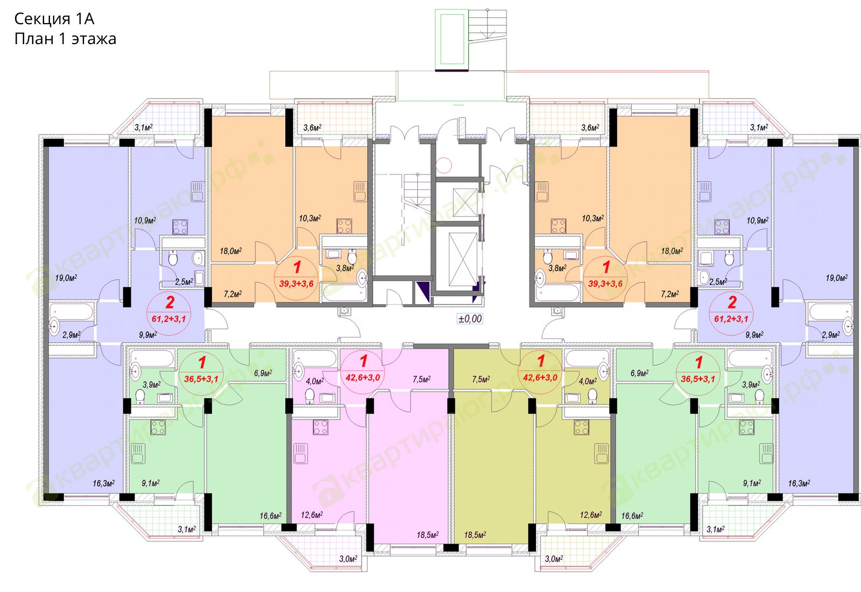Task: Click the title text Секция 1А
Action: point(54,19)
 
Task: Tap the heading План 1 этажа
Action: point(65,39)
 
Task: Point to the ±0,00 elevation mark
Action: point(470,319)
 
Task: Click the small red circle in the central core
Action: point(443,165)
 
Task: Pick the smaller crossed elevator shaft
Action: point(465,202)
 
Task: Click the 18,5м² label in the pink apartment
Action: point(427,535)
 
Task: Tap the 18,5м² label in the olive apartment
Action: point(475,535)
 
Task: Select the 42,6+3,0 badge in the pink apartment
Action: point(363,377)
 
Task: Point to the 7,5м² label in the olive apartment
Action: point(481,379)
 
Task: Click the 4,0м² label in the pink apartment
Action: point(314,381)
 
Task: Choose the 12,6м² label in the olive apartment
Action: point(591,515)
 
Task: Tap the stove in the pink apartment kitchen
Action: point(321,427)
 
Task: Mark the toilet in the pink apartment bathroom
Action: point(309,395)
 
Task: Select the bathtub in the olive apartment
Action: point(586,358)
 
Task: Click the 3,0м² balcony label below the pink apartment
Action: point(348,559)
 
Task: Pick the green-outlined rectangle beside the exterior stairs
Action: point(452,39)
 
